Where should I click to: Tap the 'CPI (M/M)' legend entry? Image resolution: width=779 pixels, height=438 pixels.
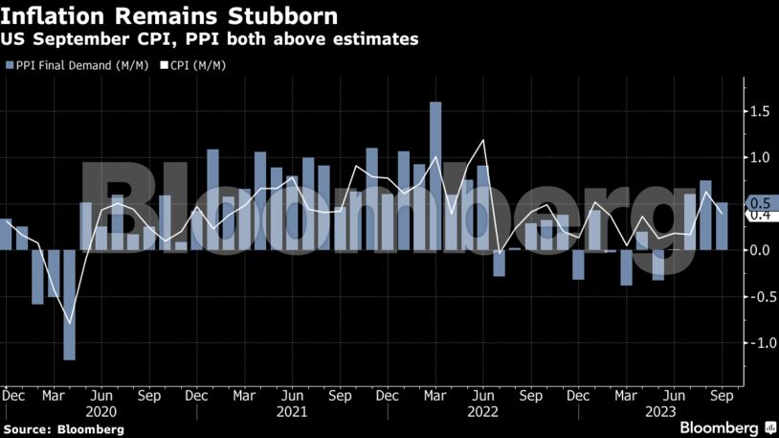point(198,65)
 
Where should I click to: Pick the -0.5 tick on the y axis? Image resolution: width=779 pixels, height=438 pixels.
point(760,296)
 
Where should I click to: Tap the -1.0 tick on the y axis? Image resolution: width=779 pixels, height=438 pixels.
point(760,342)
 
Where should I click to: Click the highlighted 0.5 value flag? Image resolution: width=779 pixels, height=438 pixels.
point(760,203)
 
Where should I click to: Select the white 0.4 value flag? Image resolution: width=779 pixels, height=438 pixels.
point(760,216)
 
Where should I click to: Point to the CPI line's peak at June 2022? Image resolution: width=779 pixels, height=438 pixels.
point(484,141)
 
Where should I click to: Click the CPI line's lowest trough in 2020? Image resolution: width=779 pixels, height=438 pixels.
point(70,323)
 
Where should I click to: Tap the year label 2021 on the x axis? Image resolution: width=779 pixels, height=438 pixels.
point(292,411)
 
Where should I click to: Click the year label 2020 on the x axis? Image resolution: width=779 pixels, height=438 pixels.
point(100,411)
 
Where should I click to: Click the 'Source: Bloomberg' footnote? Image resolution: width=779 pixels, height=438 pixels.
point(63,429)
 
